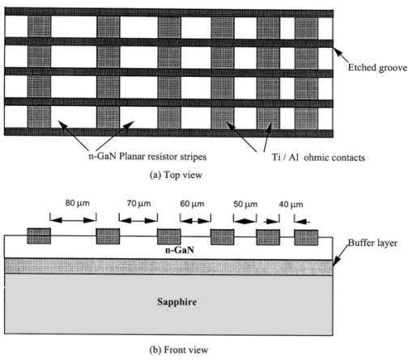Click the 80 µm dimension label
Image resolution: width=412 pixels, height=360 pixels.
pyautogui.click(x=77, y=203)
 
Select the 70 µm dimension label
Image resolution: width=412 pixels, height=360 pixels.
pyautogui.click(x=138, y=203)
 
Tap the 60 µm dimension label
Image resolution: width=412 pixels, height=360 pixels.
pyautogui.click(x=192, y=204)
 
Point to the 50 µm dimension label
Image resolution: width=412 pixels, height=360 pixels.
pyautogui.click(x=245, y=204)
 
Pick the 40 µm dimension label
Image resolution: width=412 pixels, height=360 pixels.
pyautogui.click(x=291, y=205)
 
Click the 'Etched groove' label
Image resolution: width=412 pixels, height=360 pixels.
pyautogui.click(x=377, y=68)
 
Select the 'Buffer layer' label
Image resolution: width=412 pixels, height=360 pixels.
pyautogui.click(x=372, y=243)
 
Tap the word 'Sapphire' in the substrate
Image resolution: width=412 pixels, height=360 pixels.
pyautogui.click(x=176, y=302)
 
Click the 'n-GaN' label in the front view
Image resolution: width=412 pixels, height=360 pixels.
pyautogui.click(x=180, y=250)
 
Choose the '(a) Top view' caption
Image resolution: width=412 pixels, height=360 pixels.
pyautogui.click(x=176, y=175)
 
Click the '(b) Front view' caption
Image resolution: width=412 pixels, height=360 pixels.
pyautogui.click(x=179, y=350)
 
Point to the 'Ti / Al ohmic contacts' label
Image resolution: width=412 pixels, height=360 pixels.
pyautogui.click(x=318, y=158)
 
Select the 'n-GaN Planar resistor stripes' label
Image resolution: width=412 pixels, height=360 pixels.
pyautogui.click(x=147, y=156)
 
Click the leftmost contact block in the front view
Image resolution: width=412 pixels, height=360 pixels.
pyautogui.click(x=39, y=236)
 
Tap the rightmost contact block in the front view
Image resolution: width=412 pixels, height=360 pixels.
pyautogui.click(x=306, y=238)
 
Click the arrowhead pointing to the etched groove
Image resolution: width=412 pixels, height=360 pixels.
pyautogui.click(x=337, y=51)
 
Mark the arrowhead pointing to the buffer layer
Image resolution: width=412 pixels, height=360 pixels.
pyautogui.click(x=336, y=261)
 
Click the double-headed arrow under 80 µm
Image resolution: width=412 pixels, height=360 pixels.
pyautogui.click(x=73, y=220)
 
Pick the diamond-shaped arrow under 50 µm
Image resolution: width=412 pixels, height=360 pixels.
pyautogui.click(x=244, y=222)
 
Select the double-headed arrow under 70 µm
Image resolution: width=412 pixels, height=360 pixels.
pyautogui.click(x=138, y=221)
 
